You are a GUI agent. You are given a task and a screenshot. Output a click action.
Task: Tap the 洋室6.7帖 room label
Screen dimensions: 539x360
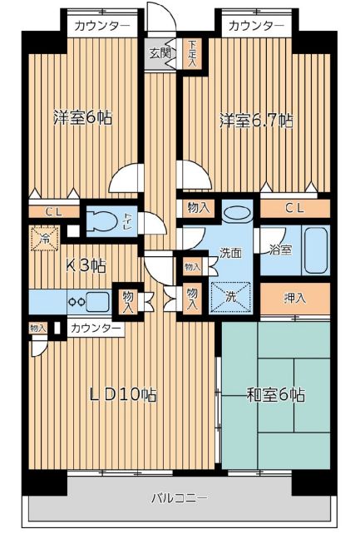[x=255, y=120]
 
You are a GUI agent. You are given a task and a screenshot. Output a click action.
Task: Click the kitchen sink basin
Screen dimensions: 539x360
[x=100, y=301]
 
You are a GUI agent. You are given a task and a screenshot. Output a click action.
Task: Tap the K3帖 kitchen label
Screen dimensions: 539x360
[x=86, y=266]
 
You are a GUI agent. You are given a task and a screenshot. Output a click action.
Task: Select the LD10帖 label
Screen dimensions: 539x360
[x=123, y=394]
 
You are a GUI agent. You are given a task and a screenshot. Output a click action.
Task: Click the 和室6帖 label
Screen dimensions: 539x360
[x=274, y=394]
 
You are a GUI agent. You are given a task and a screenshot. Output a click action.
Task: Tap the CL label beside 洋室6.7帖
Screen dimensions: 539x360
[x=294, y=207]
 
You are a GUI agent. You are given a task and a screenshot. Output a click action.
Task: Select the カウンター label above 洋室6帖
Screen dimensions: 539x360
[x=101, y=26]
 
